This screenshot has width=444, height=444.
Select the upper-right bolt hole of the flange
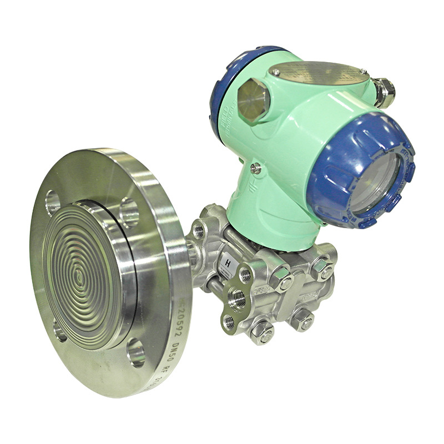pyautogui.click(x=129, y=213)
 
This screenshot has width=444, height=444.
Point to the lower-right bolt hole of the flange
pyautogui.click(x=135, y=350)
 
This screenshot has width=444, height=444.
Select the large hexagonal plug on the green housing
pyautogui.click(x=254, y=99)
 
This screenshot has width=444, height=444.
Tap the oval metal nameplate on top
pyautogui.click(x=319, y=73)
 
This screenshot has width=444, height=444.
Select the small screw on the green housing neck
pyautogui.click(x=255, y=168)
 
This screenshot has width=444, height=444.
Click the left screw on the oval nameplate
pyautogui.click(x=275, y=72)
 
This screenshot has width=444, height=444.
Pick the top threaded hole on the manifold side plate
pyautogui.click(x=244, y=274)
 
